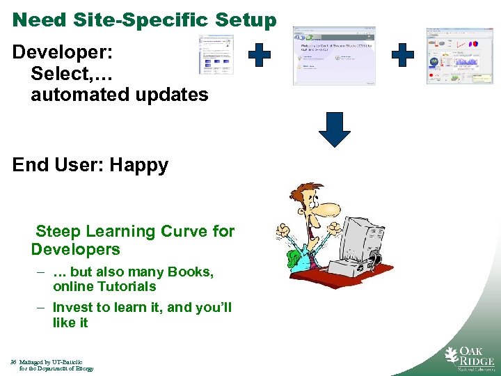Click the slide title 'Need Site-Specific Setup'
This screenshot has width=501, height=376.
coord(144,19)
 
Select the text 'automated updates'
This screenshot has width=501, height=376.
coord(119,95)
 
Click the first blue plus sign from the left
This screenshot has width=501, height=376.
coord(260,55)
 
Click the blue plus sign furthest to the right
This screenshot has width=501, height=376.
coord(402,55)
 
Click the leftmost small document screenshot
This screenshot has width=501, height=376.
coord(216,54)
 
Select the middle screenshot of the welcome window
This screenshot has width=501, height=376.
coord(335,56)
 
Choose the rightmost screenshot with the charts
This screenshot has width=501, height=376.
coord(459,56)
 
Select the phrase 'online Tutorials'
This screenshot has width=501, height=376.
coord(104,286)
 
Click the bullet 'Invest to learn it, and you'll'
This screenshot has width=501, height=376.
coord(142,307)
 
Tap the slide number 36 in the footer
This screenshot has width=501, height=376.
coord(14,362)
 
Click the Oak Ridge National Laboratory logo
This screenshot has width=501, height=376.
coord(470,359)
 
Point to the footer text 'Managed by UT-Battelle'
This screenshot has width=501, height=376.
coord(51,362)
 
